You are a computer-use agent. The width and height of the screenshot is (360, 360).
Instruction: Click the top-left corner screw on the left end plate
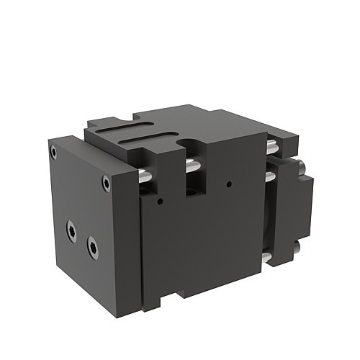[53, 151]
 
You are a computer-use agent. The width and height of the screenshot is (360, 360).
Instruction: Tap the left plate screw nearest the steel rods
[107, 183]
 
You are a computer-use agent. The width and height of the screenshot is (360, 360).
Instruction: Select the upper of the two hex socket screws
[71, 230]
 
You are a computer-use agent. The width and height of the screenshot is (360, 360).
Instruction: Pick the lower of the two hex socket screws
[93, 248]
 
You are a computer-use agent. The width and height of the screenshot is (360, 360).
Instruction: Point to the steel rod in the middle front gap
[192, 166]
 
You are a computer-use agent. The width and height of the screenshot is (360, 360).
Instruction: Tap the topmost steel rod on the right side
[271, 147]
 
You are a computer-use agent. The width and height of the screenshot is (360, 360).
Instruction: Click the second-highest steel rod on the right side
[271, 176]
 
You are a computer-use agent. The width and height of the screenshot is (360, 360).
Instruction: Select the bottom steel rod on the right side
[267, 256]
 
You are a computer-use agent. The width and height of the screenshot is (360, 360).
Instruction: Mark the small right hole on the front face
[229, 184]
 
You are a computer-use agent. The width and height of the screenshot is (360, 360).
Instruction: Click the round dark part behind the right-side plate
[268, 216]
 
